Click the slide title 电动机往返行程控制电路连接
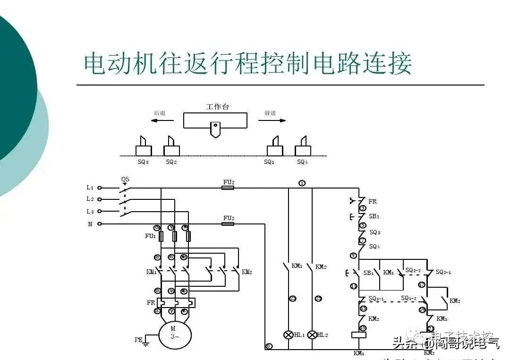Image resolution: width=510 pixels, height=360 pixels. click(x=248, y=63)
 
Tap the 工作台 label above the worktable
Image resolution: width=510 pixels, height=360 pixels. click(x=217, y=107)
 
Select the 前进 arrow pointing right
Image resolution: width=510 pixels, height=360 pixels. click(x=272, y=120)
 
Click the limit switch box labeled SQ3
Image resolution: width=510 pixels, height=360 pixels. click(x=144, y=150)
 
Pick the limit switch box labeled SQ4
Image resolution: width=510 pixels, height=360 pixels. click(x=303, y=150)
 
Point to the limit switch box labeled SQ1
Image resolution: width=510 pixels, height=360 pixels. click(x=275, y=150)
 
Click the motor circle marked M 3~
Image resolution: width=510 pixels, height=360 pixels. click(x=175, y=333)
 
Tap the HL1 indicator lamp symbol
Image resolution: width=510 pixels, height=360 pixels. click(x=288, y=335)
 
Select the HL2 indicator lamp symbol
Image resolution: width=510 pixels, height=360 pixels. click(x=312, y=335)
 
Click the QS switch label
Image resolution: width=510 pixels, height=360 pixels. click(x=125, y=180)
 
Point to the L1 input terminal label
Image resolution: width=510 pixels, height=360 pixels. click(x=90, y=188)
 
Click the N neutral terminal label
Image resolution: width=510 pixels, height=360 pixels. click(x=90, y=224)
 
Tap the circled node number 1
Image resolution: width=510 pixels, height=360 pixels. click(x=302, y=183)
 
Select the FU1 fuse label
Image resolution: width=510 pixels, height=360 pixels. click(x=150, y=236)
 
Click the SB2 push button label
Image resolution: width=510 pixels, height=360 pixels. click(x=374, y=217)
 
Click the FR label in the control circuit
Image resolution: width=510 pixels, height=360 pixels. click(x=373, y=201)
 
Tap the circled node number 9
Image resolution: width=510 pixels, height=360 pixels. click(x=353, y=256)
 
